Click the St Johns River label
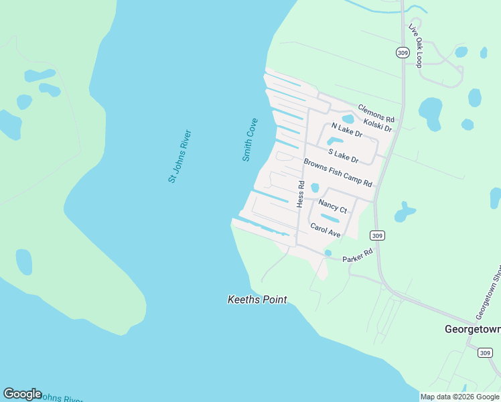[x=180, y=156]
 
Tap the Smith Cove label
[x=250, y=140]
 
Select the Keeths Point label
[x=257, y=300]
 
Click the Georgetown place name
[x=473, y=329]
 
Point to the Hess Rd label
[x=301, y=193]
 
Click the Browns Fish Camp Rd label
[x=338, y=173]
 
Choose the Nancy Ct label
[x=333, y=206]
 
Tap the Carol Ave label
[x=326, y=230]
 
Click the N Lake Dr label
[x=347, y=130]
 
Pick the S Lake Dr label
[x=343, y=155]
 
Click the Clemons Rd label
[x=376, y=113]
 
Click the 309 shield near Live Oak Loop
[x=402, y=52]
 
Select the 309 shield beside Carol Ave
[x=378, y=235]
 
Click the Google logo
[x=22, y=394]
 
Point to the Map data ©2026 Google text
[x=459, y=397]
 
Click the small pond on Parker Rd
[x=328, y=253]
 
